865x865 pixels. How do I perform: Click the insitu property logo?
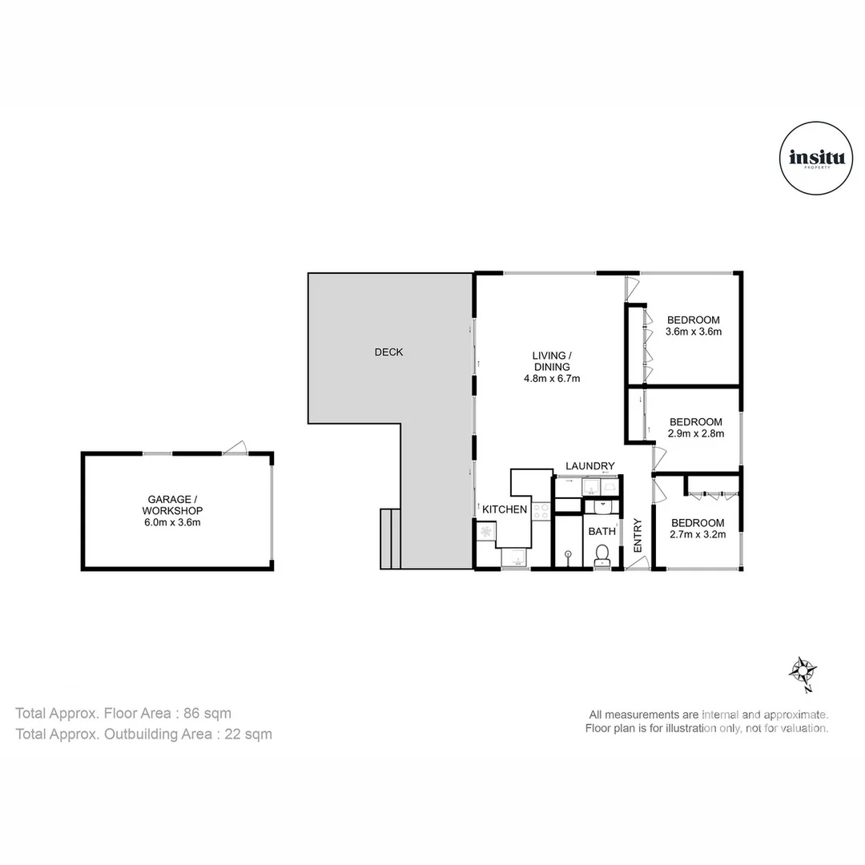[x=816, y=159]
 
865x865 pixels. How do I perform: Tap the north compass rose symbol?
[x=803, y=673]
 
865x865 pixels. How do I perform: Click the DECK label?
[x=389, y=352]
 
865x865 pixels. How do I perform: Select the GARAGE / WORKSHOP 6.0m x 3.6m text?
[x=172, y=511]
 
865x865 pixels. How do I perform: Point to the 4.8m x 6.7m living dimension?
[x=552, y=378]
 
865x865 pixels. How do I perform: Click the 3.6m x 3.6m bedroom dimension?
[x=694, y=332]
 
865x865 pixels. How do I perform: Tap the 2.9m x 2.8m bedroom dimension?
[x=696, y=433]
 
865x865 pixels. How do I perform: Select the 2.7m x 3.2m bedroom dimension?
[x=698, y=534]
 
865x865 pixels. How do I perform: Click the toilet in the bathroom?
[x=601, y=554]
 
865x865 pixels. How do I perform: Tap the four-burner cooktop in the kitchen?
[x=541, y=511]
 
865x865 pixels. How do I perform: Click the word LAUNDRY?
[x=589, y=466]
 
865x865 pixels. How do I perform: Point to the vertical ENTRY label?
[x=638, y=535]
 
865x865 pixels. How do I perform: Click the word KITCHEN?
[x=505, y=509]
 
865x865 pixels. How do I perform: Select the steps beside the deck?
[x=390, y=538]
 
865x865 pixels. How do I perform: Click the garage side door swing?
[x=235, y=447]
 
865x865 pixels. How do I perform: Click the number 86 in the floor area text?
[x=191, y=714]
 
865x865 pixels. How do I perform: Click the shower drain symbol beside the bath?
[x=568, y=553]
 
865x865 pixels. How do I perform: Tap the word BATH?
[x=601, y=531]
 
